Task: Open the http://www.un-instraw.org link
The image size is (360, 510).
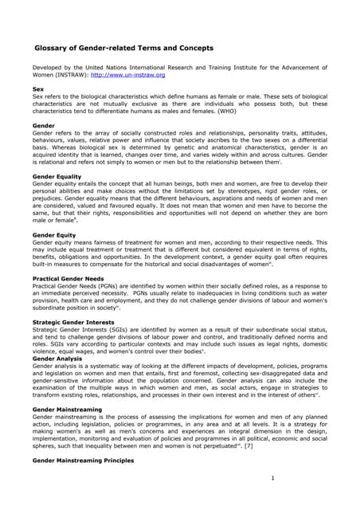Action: click(127, 76)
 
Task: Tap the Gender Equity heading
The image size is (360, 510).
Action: click(53, 236)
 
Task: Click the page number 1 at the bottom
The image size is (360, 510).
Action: click(272, 478)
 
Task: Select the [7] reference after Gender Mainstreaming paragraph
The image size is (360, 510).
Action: click(248, 445)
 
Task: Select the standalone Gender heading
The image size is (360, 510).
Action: click(43, 125)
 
